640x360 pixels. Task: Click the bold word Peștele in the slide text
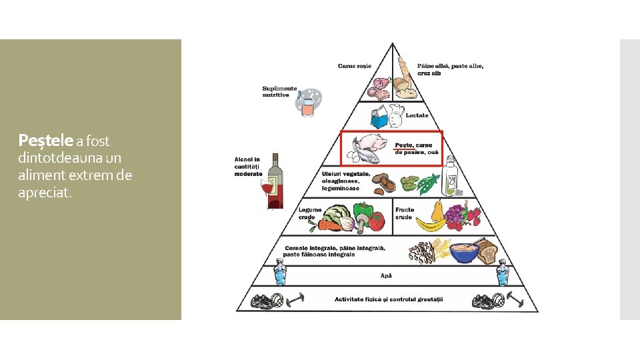point(45,141)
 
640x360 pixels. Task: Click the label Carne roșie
point(354,66)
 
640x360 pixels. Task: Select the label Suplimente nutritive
point(279,91)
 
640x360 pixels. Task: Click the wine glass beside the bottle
point(268,190)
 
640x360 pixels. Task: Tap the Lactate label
point(417,115)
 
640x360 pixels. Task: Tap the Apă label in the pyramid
point(387,275)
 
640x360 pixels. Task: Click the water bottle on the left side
point(279,274)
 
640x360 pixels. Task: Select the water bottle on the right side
point(501,274)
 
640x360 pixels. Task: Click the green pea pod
point(429,183)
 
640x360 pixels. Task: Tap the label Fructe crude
point(405,213)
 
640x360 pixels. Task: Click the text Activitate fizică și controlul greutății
point(389,299)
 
